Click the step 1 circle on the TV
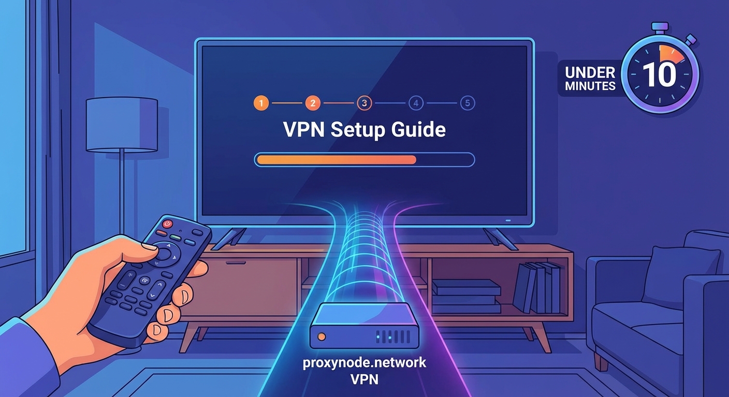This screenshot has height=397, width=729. click(x=261, y=103)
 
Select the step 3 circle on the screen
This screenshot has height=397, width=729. click(x=364, y=103)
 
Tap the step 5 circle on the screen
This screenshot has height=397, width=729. click(x=467, y=103)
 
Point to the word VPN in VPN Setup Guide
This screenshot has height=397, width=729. click(x=304, y=130)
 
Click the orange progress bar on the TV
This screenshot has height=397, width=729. click(x=337, y=160)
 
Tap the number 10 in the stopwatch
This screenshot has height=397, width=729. click(x=659, y=75)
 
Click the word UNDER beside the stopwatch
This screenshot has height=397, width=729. click(x=590, y=72)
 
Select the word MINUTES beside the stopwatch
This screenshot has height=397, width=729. click(x=590, y=86)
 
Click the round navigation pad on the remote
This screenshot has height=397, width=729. click(x=164, y=253)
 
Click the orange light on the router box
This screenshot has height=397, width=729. click(x=322, y=337)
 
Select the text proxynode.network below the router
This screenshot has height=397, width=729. click(x=364, y=362)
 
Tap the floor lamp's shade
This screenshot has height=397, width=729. click(x=122, y=125)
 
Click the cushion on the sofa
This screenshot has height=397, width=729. click(x=680, y=277)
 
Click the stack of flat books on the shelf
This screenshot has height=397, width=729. click(x=466, y=297)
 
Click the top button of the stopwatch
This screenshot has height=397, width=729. click(x=660, y=26)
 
